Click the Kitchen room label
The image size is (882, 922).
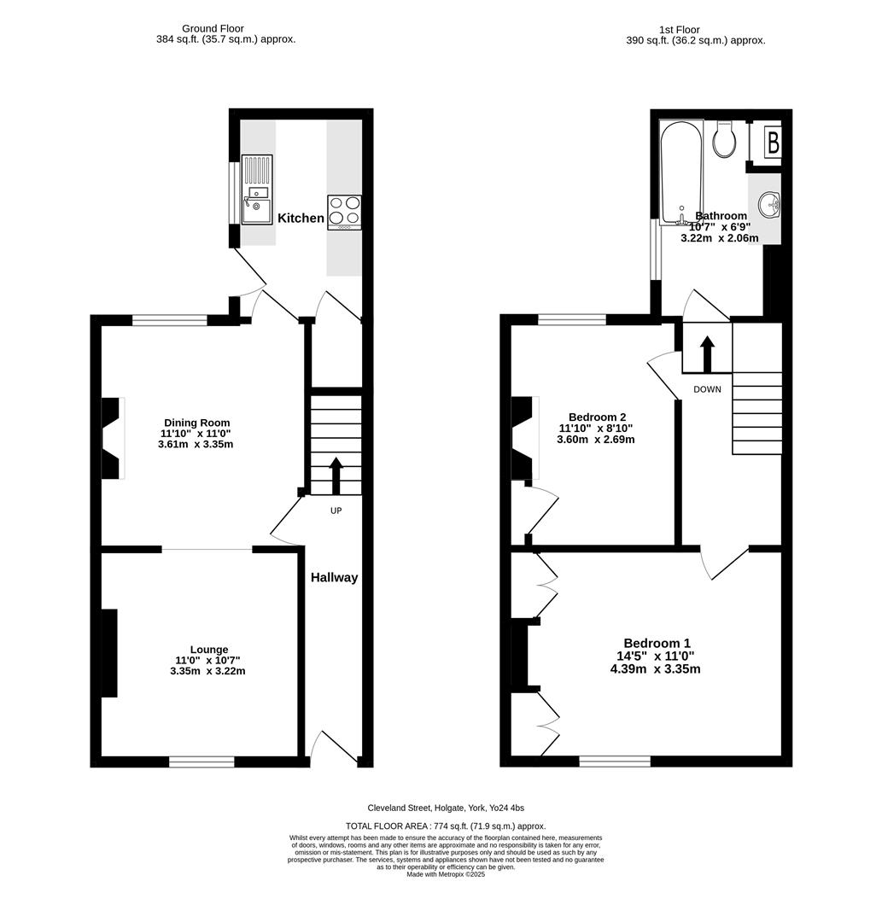301,218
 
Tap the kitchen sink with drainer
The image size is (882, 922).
256,190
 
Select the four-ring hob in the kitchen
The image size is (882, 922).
344,212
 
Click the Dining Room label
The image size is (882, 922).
196,423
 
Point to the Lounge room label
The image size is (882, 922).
208,650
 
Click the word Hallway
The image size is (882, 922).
334,577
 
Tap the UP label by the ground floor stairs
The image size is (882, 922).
336,511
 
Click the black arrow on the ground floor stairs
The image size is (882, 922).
336,476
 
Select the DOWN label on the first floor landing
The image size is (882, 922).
707,389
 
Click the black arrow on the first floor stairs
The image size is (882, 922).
707,353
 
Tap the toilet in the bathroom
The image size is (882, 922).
725,139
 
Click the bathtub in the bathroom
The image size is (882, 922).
681,172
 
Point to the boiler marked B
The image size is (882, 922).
773,142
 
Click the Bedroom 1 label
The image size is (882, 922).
657,644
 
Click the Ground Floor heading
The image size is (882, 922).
213,28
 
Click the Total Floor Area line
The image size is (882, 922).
445,826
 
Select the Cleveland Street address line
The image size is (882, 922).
452,808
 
